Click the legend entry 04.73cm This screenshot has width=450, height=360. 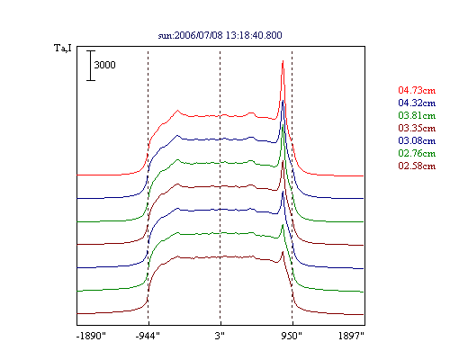pyautogui.click(x=417, y=90)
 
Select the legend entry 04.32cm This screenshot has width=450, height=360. pyautogui.click(x=417, y=103)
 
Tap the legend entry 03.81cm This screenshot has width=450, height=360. pyautogui.click(x=417, y=115)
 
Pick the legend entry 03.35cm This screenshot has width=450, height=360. pyautogui.click(x=417, y=128)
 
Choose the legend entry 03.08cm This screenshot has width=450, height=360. pyautogui.click(x=417, y=140)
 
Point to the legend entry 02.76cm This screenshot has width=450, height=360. pyautogui.click(x=417, y=153)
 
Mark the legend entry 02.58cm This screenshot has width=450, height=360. pyautogui.click(x=417, y=166)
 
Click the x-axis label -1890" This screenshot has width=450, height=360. pyautogui.click(x=91, y=336)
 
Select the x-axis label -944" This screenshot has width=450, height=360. pyautogui.click(x=148, y=336)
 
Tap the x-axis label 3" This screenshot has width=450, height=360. pyautogui.click(x=220, y=336)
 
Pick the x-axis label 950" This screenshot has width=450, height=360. pyautogui.click(x=292, y=336)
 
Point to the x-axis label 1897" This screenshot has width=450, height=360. pyautogui.click(x=351, y=336)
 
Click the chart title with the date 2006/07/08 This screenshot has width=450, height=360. pyautogui.click(x=220, y=35)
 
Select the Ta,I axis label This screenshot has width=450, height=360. pyautogui.click(x=63, y=48)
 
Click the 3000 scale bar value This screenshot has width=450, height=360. pyautogui.click(x=104, y=65)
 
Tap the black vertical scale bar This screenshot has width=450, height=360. pyautogui.click(x=91, y=66)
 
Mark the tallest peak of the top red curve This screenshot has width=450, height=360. pyautogui.click(x=283, y=61)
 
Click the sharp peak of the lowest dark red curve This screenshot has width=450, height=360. pyautogui.click(x=283, y=252)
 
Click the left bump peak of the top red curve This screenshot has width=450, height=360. pyautogui.click(x=177, y=111)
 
